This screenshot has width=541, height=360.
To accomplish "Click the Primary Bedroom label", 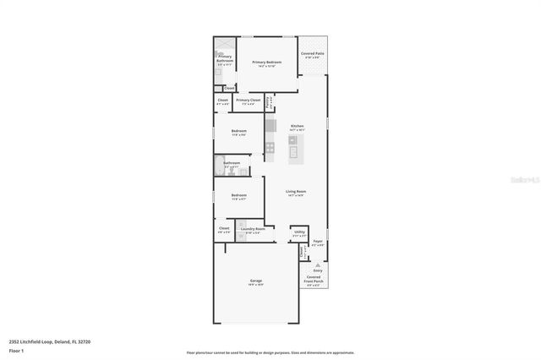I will tap(266, 63).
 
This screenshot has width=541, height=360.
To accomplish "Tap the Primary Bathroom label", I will tap(224, 58).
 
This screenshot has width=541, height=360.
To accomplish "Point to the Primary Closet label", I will tap(248, 100).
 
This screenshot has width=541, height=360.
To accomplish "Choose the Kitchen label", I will tap(296, 126).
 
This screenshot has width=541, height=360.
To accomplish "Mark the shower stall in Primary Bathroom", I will tap(223, 46).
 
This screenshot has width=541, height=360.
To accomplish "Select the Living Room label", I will tap(295, 192).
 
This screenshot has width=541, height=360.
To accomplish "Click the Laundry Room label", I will tap(253, 229).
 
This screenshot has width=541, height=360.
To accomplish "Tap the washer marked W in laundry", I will tap(245, 237).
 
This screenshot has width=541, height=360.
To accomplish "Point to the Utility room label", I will tap(299, 231).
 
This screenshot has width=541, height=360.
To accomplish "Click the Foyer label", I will tap(318, 242).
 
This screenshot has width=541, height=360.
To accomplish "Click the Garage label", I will tap(255, 281).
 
